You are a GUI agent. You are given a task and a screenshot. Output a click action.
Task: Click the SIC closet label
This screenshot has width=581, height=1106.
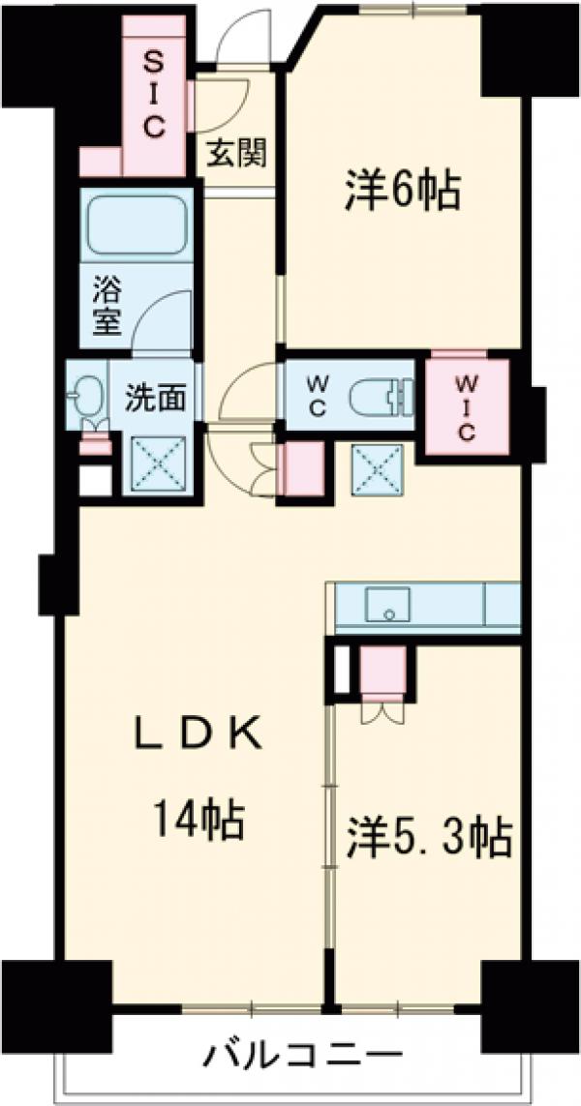tap(155, 94)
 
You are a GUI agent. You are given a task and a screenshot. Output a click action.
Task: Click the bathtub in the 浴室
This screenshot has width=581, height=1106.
tap(136, 227)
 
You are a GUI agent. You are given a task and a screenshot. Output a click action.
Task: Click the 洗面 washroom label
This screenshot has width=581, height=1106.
tap(155, 398)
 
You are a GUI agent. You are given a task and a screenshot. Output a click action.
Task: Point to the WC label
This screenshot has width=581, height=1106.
tap(318, 395)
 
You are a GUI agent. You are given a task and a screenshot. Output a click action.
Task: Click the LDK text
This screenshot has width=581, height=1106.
tap(199, 736)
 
